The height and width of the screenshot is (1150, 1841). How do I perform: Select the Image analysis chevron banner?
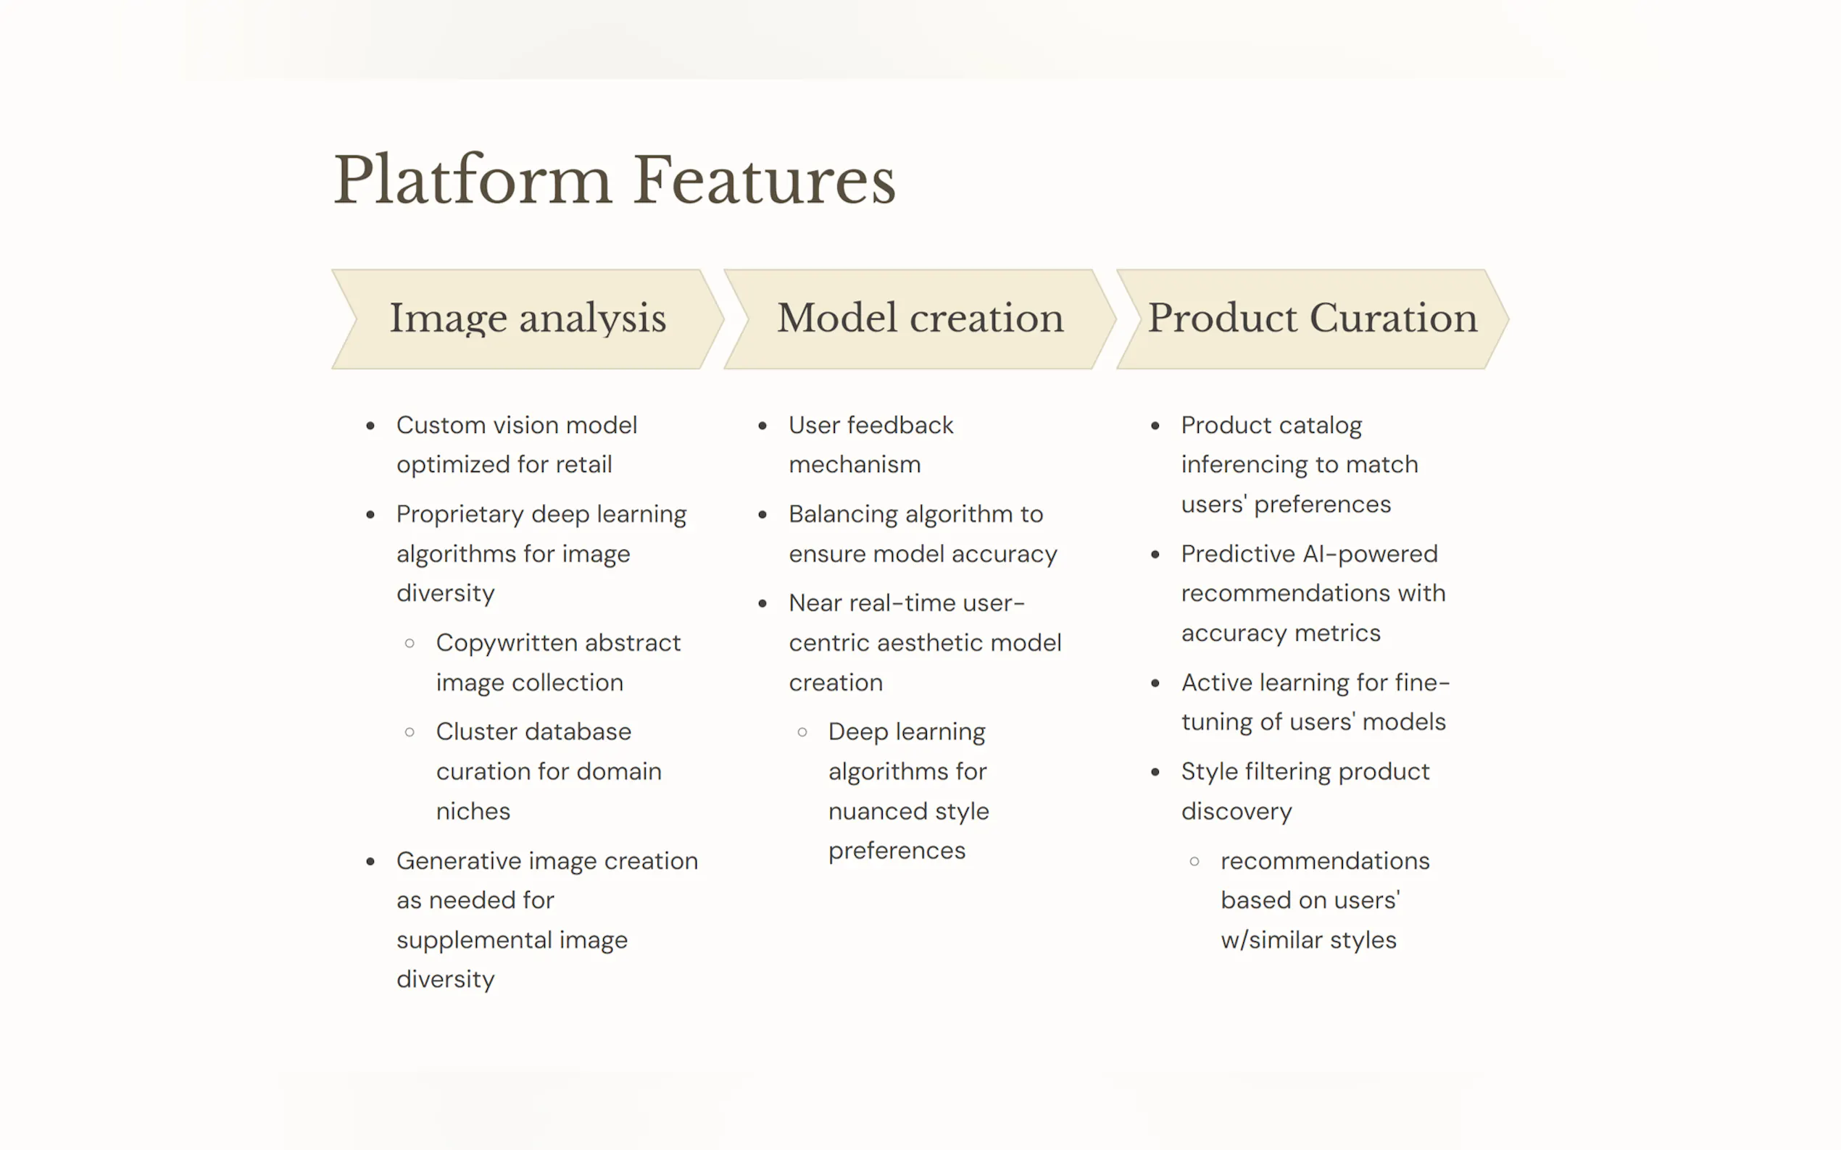pyautogui.click(x=528, y=319)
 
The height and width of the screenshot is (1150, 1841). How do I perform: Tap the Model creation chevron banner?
pyautogui.click(x=919, y=319)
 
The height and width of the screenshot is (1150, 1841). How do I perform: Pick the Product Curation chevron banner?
pyautogui.click(x=1312, y=319)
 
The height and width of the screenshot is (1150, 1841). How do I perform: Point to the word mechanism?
pyautogui.click(x=855, y=464)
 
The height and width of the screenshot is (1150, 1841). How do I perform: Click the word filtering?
pyautogui.click(x=1287, y=772)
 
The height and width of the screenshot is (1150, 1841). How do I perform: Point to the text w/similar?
pyautogui.click(x=1271, y=940)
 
